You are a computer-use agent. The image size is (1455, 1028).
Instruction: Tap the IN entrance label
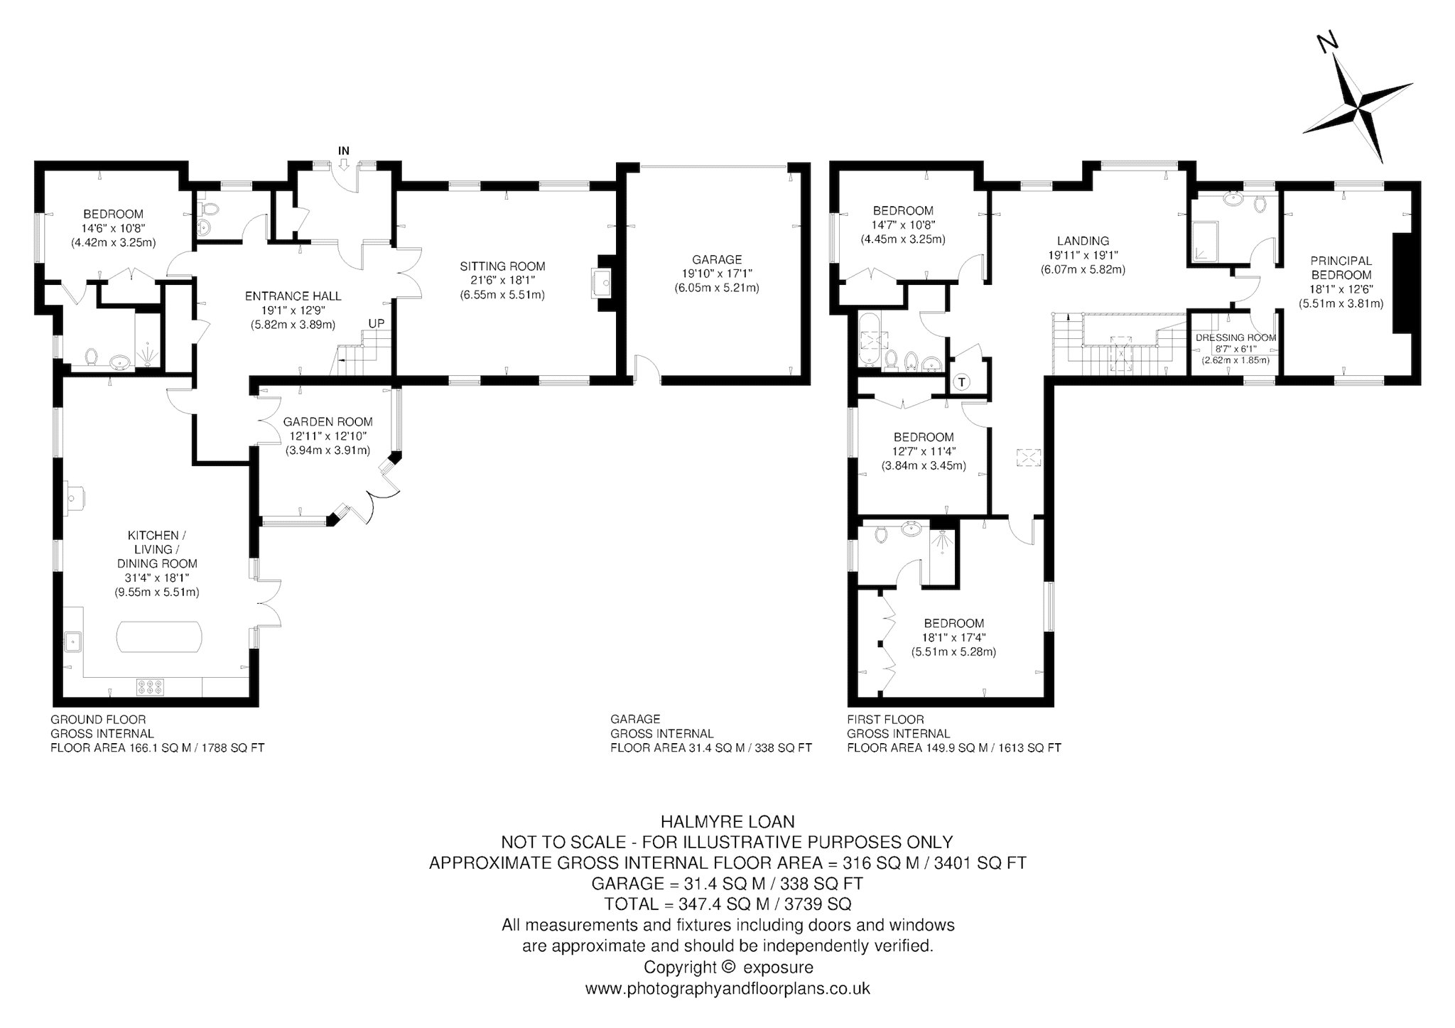(x=344, y=151)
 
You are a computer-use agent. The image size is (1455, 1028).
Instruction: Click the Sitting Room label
(x=502, y=266)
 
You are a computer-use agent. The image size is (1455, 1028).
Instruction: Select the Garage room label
(x=717, y=259)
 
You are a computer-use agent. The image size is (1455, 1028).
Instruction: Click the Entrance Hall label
(x=293, y=296)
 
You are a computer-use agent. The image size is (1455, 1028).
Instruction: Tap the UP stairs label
(x=376, y=323)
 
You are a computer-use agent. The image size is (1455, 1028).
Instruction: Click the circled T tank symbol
(x=961, y=382)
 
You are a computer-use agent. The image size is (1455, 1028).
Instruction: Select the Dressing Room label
(x=1235, y=338)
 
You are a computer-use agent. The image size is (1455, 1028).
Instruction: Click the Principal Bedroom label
(x=1341, y=268)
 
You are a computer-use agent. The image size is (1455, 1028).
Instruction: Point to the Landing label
(x=1083, y=241)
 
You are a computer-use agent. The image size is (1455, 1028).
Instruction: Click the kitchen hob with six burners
(x=149, y=686)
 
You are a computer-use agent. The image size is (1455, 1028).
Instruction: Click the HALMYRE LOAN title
(x=727, y=822)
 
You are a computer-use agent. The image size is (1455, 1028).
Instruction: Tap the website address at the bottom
(x=727, y=988)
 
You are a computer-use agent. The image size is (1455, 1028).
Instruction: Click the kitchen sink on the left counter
(x=73, y=641)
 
